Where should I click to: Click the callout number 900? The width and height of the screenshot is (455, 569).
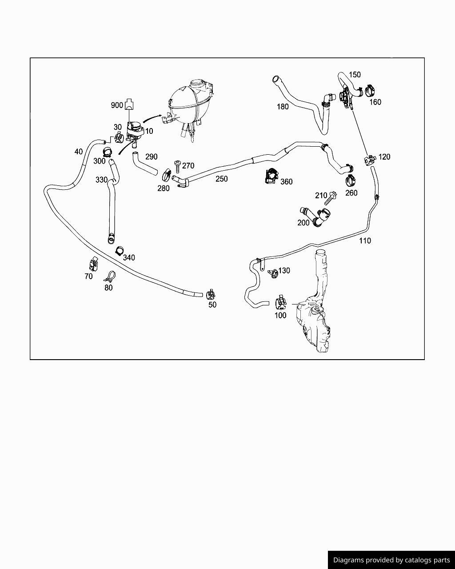pos(117,105)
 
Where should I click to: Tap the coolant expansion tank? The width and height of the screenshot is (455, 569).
pos(190,106)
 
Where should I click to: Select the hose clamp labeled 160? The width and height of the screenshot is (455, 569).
pos(371,91)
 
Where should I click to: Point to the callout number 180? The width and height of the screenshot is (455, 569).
pos(283,107)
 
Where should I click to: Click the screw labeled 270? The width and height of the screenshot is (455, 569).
pos(177,167)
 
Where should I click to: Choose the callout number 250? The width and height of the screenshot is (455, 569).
pos(222,179)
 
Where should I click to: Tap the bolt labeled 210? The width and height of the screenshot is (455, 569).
pos(331,198)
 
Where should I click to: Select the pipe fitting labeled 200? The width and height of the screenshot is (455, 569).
pos(316,217)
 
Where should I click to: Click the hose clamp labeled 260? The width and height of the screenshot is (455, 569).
pos(351,181)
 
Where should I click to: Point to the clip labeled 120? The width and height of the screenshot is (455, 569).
pos(370,160)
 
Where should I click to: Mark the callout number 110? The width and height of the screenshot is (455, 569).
pos(365,240)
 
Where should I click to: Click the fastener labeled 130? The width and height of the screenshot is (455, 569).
pos(272,273)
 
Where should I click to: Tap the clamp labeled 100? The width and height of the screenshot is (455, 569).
pos(281,303)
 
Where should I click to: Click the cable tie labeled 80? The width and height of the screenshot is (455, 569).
pos(110,276)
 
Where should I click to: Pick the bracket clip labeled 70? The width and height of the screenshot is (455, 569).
pos(93,264)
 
